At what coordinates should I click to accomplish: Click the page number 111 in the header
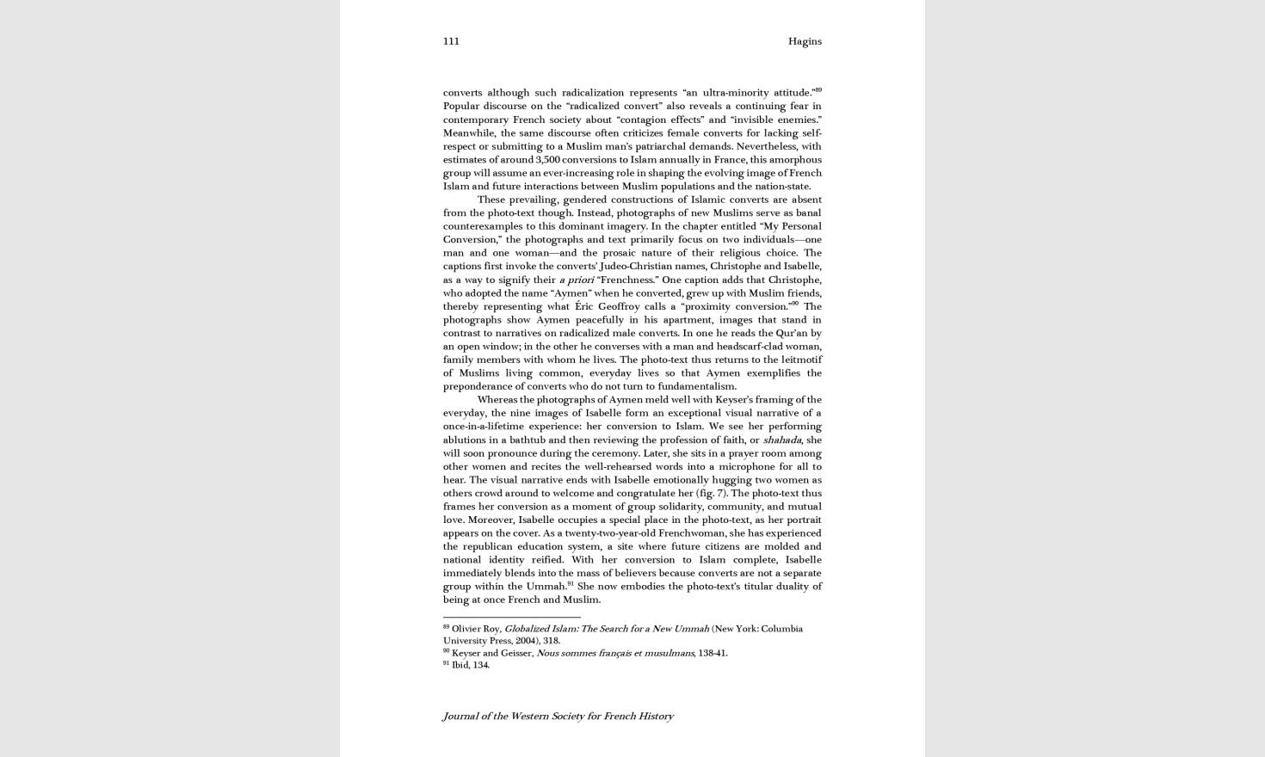451,41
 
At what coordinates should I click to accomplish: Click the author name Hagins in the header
805,41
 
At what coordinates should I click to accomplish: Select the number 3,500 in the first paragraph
547,159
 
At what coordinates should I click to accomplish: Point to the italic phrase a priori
576,280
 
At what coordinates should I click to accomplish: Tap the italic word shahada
781,440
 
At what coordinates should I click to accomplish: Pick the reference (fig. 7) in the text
711,493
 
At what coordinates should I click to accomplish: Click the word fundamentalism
696,386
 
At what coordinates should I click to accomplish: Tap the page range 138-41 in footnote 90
712,653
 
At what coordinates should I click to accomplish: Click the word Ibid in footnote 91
460,665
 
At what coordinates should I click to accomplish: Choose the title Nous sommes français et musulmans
614,653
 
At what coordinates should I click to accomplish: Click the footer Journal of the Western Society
558,716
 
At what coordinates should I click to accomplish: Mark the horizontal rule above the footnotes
511,617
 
